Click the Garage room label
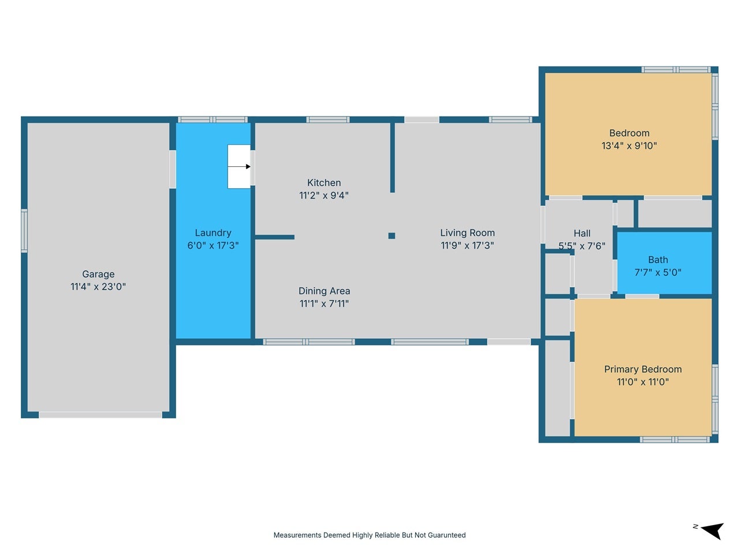[98, 275]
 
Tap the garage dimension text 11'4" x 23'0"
[98, 287]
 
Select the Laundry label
[213, 233]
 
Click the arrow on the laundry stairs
[239, 167]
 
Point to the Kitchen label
[324, 183]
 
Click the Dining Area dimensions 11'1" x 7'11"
[324, 304]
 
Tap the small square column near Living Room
[391, 236]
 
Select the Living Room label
[467, 233]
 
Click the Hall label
[582, 233]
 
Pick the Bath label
[658, 260]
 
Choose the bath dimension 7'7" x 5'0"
[658, 272]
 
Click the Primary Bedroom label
[643, 369]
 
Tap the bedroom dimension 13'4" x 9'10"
[629, 145]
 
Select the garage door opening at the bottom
[100, 415]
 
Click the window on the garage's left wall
[24, 231]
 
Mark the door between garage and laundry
[173, 169]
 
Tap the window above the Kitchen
[327, 119]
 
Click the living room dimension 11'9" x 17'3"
[467, 246]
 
